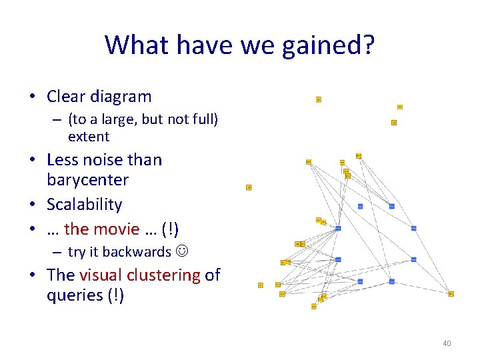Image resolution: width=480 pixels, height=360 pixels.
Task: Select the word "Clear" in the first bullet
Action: [66, 97]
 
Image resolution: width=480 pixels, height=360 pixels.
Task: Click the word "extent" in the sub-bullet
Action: [89, 137]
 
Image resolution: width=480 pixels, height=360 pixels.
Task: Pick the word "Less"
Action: [62, 160]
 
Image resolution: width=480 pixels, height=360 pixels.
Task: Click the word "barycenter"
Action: [87, 180]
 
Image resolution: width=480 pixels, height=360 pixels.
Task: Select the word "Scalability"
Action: [85, 205]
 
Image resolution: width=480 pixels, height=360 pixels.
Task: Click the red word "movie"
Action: [117, 229]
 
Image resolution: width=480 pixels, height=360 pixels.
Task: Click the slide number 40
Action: [447, 343]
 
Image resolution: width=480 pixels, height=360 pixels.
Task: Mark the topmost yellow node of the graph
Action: [318, 99]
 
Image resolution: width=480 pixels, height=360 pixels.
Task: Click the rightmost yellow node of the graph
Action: [451, 293]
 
